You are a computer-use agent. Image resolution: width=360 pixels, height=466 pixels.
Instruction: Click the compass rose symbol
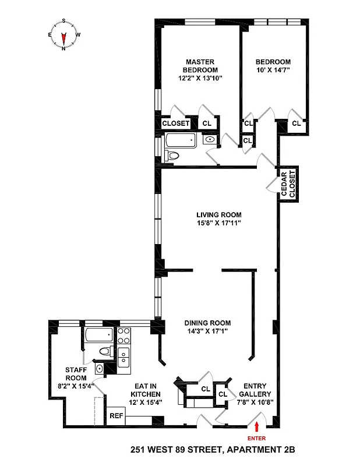click(x=63, y=34)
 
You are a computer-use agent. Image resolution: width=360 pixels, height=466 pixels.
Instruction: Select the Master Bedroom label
click(x=200, y=66)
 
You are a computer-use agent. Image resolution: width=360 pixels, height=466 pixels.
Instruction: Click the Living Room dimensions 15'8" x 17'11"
click(x=218, y=223)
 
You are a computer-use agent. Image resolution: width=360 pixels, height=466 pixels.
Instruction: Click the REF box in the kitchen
click(x=116, y=416)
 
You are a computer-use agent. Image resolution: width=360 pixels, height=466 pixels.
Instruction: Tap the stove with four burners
click(x=124, y=336)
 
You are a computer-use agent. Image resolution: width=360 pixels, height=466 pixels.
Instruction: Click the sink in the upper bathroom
click(x=210, y=140)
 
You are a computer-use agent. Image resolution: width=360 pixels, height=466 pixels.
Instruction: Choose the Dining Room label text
click(x=207, y=323)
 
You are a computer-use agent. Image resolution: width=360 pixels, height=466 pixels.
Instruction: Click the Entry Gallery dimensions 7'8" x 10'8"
click(x=255, y=402)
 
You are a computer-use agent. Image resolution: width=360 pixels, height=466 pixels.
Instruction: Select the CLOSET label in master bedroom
click(x=175, y=123)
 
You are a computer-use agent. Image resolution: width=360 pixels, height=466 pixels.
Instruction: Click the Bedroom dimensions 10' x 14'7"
click(x=273, y=70)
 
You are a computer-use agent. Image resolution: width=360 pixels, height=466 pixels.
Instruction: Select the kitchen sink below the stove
click(x=123, y=356)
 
